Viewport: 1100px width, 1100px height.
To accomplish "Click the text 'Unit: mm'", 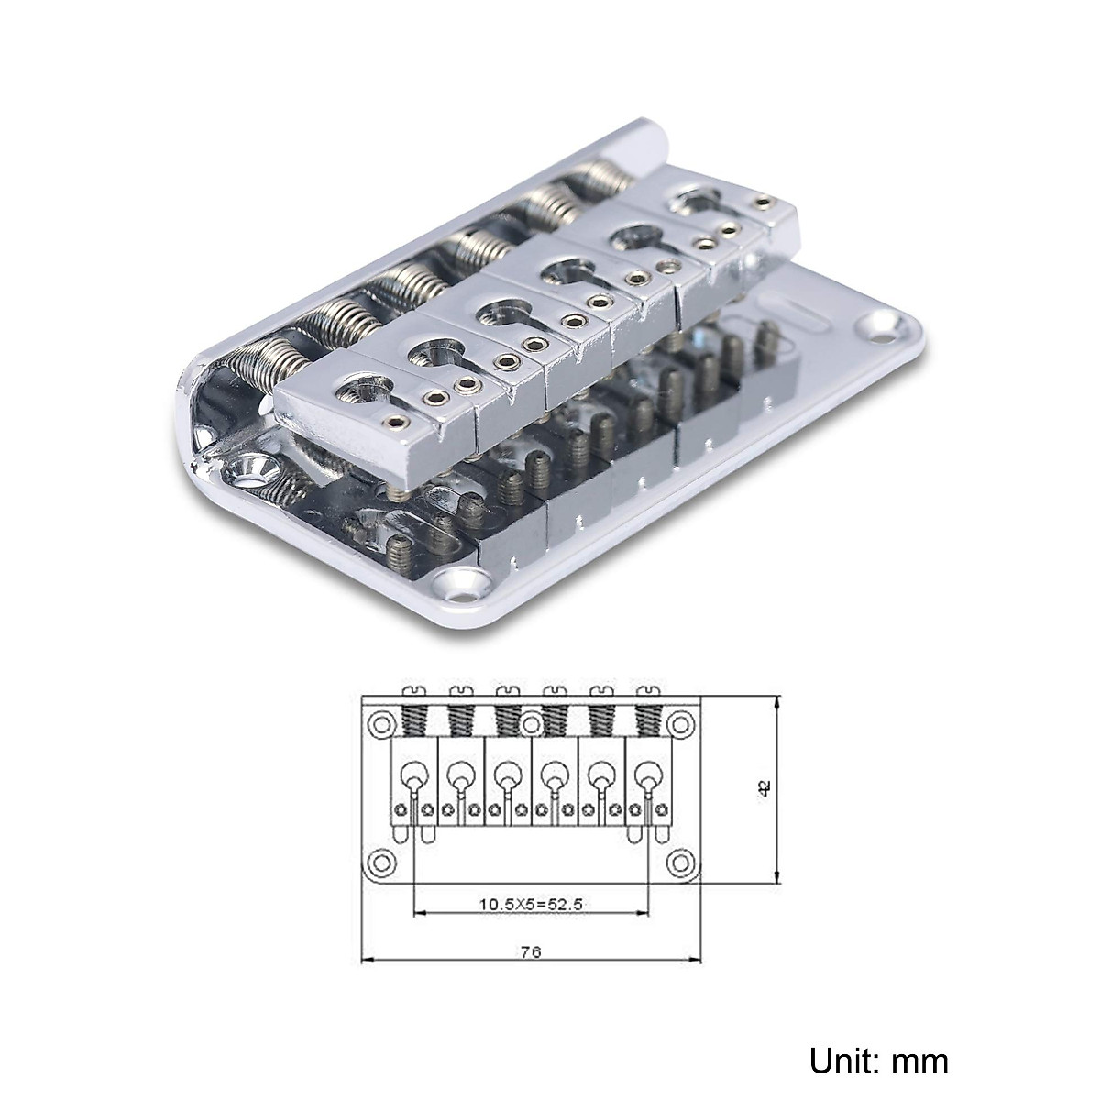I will [x=879, y=1061].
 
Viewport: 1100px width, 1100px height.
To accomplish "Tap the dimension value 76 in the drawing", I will [x=531, y=951].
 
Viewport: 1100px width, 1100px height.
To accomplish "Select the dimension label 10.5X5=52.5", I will [x=531, y=904].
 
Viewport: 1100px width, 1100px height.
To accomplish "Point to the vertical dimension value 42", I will [x=764, y=786].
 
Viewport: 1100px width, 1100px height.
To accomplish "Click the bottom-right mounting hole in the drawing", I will [x=679, y=862].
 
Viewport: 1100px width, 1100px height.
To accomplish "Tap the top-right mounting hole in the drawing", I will [x=679, y=724].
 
